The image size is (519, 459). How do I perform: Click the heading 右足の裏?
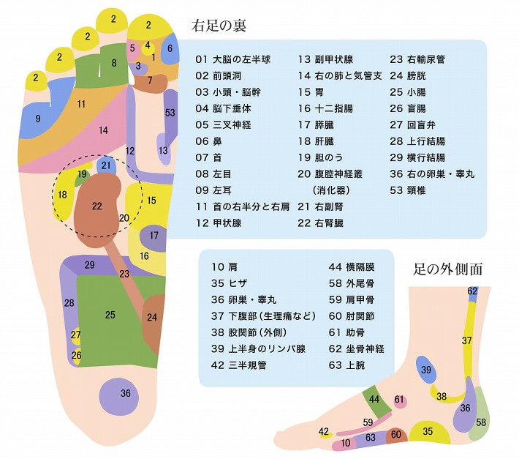pos(219,26)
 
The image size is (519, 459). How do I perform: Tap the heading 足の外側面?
pos(447,269)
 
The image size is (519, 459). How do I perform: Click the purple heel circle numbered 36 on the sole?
pos(126,393)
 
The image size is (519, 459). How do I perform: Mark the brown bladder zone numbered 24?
pos(152,318)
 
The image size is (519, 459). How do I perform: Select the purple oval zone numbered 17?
pos(154,236)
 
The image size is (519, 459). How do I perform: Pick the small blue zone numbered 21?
pos(106,165)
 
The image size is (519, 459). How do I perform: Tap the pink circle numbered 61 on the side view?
pos(399,400)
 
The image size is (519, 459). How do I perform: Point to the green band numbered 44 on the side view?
pos(374,399)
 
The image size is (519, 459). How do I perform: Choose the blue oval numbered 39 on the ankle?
pos(426,370)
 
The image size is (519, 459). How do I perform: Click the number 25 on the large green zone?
pos(110,315)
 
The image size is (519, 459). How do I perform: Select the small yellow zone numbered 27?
pos(76,335)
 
